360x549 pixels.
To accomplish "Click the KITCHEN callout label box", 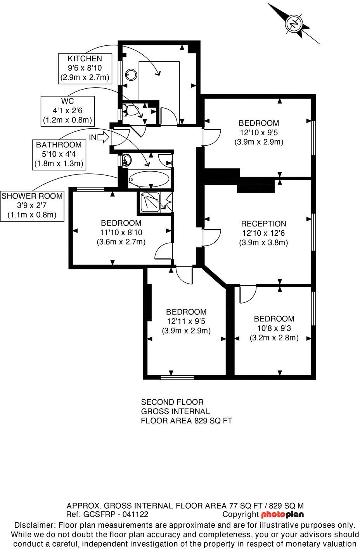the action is coord(85,68).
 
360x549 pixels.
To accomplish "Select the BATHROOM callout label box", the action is coord(59,154).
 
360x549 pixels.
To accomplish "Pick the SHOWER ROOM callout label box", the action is coord(32,205).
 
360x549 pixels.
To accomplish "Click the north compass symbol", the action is coord(294,23).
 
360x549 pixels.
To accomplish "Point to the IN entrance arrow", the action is coord(104,137).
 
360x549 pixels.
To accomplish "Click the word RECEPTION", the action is coord(263,224).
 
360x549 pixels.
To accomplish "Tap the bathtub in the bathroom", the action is coord(149,179).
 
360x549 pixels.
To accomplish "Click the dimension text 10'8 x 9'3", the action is coord(274,328).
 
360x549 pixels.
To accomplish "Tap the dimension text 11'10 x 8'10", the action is coord(121,233).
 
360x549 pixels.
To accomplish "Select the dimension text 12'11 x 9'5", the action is coord(186,321).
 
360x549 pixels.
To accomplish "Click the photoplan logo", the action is coord(282,515).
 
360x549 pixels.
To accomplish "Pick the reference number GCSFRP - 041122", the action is coord(115,515).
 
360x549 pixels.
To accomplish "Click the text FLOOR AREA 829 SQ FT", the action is coord(186,421).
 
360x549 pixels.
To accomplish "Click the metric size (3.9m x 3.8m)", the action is coord(263,243).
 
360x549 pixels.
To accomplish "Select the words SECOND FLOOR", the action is coord(172,402).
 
